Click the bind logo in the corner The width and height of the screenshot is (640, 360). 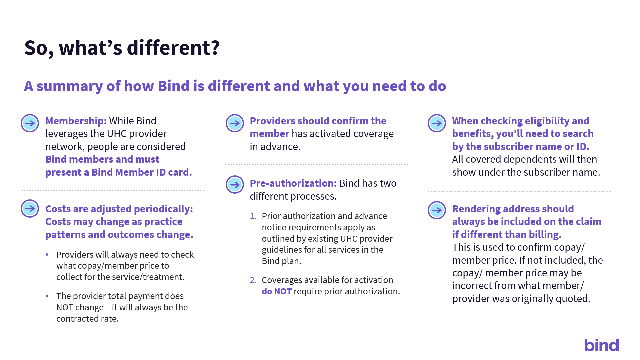pyautogui.click(x=601, y=345)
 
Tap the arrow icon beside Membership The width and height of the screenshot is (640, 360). pyautogui.click(x=30, y=123)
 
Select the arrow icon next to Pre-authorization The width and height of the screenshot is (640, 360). pyautogui.click(x=235, y=185)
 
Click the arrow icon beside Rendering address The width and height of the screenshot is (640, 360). pyautogui.click(x=437, y=210)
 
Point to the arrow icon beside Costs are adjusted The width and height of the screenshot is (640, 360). pyautogui.click(x=30, y=209)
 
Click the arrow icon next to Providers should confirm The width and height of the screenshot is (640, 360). pyautogui.click(x=235, y=123)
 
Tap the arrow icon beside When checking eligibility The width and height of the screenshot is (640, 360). pyautogui.click(x=437, y=123)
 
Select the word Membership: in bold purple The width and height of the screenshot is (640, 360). pyautogui.click(x=76, y=121)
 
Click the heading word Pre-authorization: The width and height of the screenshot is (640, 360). pyautogui.click(x=293, y=183)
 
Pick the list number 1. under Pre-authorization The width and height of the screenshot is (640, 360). pyautogui.click(x=253, y=216)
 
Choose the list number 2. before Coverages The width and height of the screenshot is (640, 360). pyautogui.click(x=253, y=280)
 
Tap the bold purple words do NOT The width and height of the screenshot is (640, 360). pyautogui.click(x=277, y=291)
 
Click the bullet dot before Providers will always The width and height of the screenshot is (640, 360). pyautogui.click(x=47, y=255)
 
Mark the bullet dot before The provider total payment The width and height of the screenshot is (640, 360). pyautogui.click(x=47, y=296)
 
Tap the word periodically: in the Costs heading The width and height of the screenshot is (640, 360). pyautogui.click(x=163, y=209)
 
